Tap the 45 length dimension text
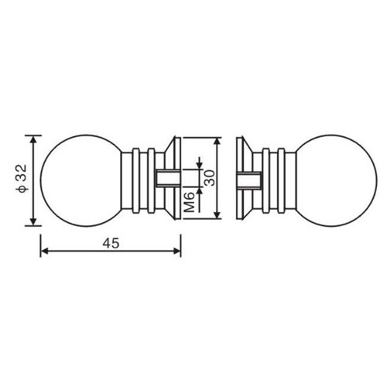(x=111, y=243)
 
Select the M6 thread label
(x=190, y=202)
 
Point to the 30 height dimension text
(x=210, y=178)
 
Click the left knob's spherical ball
(x=81, y=180)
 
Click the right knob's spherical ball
(x=336, y=180)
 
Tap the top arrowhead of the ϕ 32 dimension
(x=33, y=140)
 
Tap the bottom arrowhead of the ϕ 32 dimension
(x=33, y=221)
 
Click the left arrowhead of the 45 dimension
(x=45, y=251)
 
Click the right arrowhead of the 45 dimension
(x=176, y=251)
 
